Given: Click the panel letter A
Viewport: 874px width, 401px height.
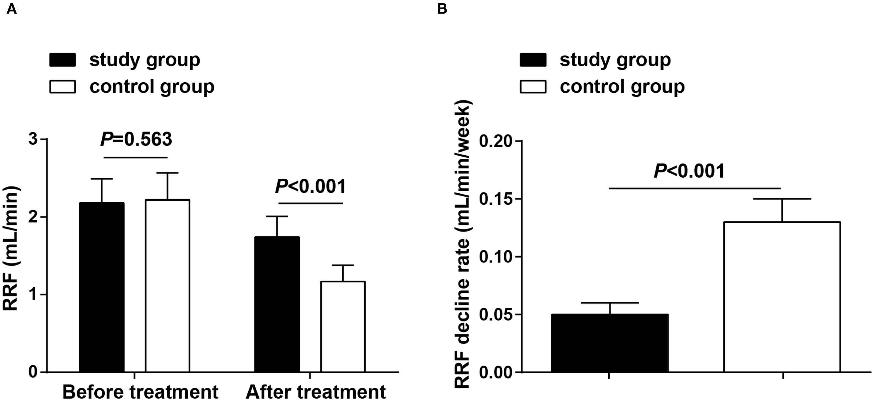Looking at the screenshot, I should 11,9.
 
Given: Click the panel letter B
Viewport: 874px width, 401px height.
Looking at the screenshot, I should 442,9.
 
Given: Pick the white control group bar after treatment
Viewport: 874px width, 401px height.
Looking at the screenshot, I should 343,327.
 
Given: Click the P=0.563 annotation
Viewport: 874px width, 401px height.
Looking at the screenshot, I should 136,140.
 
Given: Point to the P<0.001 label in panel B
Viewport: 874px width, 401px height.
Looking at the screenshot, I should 689,171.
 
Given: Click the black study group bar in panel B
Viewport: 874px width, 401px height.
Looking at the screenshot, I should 610,343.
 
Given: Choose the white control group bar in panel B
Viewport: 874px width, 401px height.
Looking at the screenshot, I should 782,297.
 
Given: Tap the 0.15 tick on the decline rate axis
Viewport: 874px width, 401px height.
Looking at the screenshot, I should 495,199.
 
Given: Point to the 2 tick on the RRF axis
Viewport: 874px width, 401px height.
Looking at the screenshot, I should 33,217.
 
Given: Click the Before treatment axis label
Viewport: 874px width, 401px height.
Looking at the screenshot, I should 140,392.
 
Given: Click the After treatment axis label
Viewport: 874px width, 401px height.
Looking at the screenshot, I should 316,392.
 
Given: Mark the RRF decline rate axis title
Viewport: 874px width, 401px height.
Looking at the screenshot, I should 462,244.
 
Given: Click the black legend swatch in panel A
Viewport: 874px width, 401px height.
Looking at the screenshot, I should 62,60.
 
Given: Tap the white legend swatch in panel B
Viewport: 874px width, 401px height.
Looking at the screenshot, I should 533,87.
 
